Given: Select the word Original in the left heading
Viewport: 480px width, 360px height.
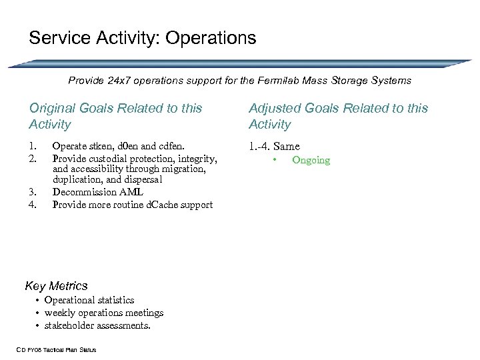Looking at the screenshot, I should point(53,108).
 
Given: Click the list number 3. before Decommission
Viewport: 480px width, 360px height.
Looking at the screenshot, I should point(33,193).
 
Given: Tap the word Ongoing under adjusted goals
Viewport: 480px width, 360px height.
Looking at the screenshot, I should point(311,161).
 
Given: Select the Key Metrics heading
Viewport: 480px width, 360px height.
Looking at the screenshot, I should point(56,286).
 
